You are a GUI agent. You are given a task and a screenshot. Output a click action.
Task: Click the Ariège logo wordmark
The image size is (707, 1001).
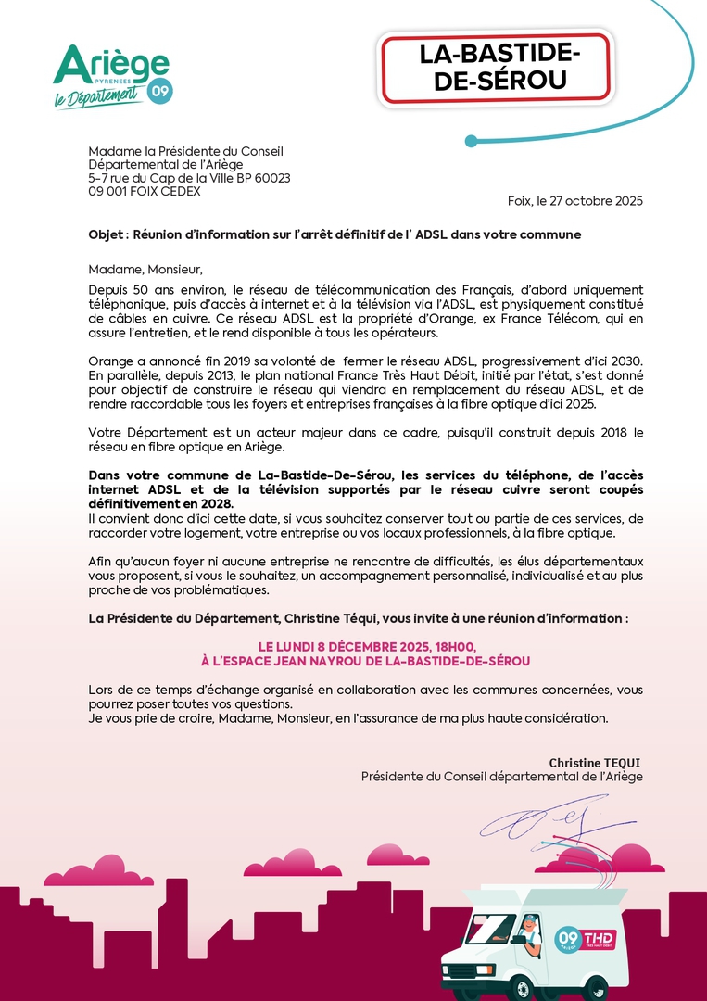coord(111,65)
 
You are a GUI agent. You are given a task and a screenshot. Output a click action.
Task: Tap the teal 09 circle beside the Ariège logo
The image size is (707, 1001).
coord(160,91)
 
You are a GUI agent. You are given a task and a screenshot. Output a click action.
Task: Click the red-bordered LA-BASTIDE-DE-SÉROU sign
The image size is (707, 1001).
coord(495,68)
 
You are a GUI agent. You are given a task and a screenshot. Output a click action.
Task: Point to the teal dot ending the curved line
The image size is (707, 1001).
coord(471,141)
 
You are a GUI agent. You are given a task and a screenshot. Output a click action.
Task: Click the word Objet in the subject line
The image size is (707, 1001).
coord(106,234)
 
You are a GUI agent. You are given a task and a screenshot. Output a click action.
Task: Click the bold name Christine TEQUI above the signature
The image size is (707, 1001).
coord(595,763)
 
